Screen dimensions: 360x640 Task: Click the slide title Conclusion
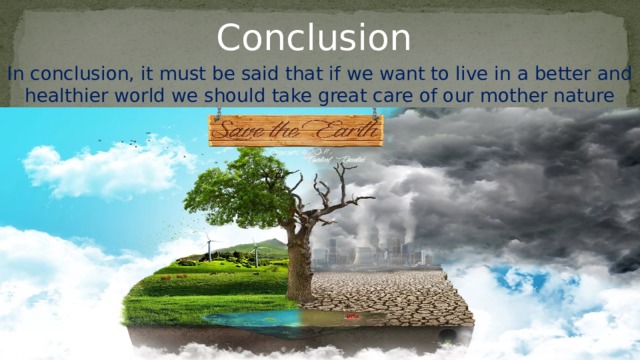tap(314, 37)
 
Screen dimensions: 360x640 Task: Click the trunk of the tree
tap(298, 265)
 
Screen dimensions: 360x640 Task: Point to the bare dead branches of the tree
tap(335, 195)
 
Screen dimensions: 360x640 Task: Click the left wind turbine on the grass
tap(210, 246)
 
